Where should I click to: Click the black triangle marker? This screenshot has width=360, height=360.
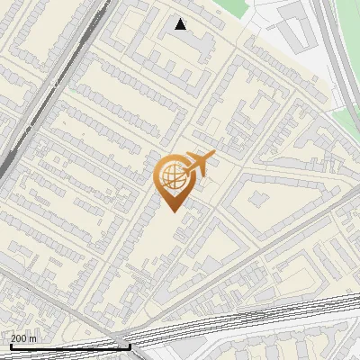tap(181, 24)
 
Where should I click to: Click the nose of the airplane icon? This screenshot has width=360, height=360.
tap(214, 157)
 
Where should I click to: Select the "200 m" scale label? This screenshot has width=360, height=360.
tap(24, 338)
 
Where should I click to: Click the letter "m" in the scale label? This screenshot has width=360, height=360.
tap(33, 338)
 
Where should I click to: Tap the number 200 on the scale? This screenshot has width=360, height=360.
tap(19, 338)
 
